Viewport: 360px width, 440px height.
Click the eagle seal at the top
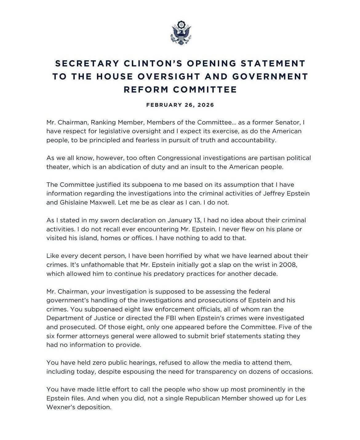tap(180, 33)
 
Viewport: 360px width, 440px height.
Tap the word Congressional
tap(186, 158)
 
